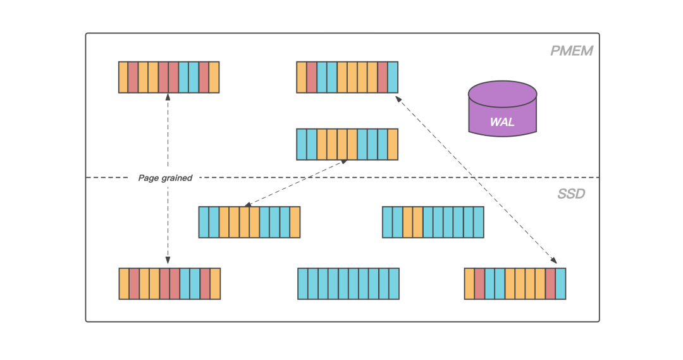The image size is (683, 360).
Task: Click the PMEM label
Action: [571, 51]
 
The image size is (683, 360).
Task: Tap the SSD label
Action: [571, 194]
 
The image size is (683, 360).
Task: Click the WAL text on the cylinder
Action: [502, 121]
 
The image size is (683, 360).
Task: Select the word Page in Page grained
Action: [149, 178]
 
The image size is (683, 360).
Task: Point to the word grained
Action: [177, 178]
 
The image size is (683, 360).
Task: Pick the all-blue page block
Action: [348, 283]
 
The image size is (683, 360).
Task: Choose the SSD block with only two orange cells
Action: [433, 222]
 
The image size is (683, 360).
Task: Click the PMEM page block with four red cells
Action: [169, 77]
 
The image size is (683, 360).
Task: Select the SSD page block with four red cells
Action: [169, 283]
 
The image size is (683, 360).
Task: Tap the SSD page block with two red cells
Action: [515, 283]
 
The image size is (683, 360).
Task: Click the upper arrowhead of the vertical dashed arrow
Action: [168, 97]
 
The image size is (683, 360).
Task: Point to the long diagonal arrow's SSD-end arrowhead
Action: [554, 260]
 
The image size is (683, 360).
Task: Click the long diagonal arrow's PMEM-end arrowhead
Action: [397, 99]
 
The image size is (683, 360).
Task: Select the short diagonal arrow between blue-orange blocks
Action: [295, 183]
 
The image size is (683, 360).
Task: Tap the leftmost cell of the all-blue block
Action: [303, 283]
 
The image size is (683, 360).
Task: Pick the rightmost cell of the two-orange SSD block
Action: [479, 222]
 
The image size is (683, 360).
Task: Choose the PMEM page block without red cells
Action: [347, 144]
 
